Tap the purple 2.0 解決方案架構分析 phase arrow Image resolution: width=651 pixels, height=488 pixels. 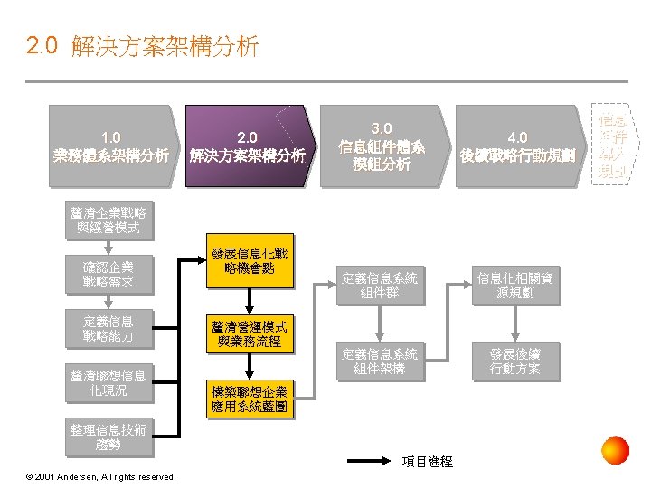[247, 146]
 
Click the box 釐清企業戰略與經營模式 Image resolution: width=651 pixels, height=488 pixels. [108, 221]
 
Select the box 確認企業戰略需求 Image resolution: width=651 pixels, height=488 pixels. [108, 276]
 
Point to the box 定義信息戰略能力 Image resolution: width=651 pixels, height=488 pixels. [108, 329]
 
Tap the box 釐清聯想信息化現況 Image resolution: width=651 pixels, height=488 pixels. [108, 383]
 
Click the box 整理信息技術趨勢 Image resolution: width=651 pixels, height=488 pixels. [108, 436]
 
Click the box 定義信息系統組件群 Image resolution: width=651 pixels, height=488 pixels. [380, 286]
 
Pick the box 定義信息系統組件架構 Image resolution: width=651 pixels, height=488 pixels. [380, 361]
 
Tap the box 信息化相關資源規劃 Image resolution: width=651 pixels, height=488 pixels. [515, 286]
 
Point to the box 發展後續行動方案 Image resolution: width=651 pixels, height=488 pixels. [515, 361]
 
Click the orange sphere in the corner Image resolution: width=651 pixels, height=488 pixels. [615, 450]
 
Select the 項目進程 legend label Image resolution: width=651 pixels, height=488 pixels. [426, 462]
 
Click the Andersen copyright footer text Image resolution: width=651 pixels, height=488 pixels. [102, 476]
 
